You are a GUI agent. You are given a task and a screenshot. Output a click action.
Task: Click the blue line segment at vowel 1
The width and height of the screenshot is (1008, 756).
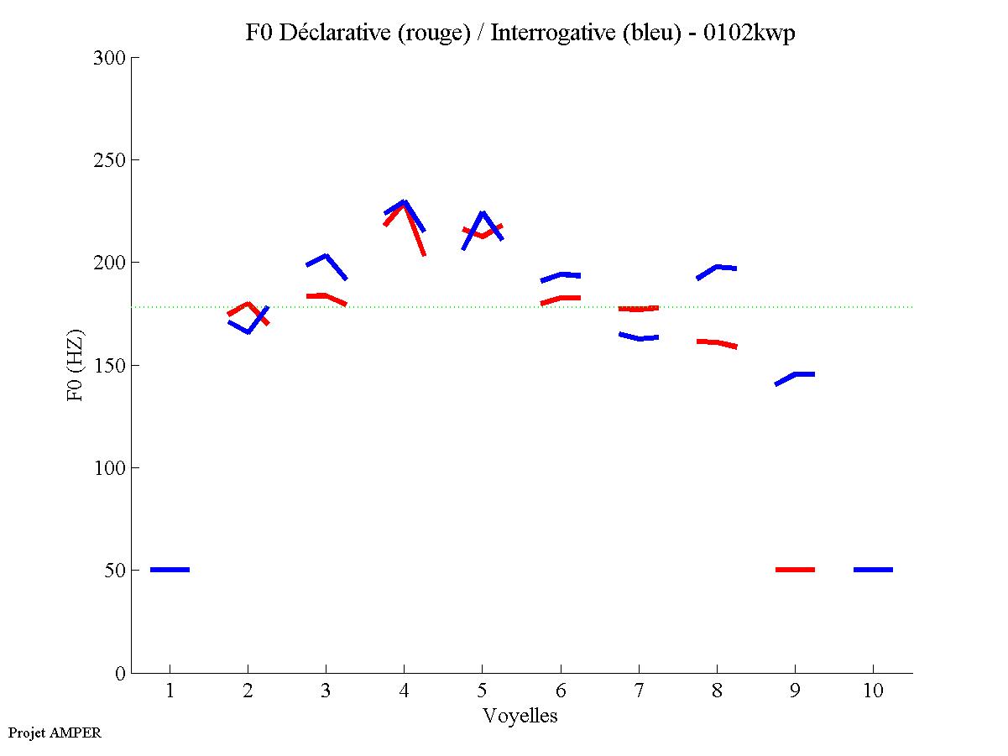click(x=170, y=570)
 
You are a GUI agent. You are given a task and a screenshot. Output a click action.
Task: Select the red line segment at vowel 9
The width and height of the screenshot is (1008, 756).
click(x=795, y=570)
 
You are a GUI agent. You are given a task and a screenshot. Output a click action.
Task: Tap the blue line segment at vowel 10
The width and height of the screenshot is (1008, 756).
click(x=873, y=570)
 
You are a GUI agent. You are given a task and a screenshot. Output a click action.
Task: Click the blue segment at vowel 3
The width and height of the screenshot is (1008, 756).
click(x=326, y=257)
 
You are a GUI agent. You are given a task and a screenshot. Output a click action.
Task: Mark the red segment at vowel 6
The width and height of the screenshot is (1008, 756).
click(x=561, y=298)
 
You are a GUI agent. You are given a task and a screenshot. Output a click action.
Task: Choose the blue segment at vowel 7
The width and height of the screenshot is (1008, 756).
click(x=639, y=337)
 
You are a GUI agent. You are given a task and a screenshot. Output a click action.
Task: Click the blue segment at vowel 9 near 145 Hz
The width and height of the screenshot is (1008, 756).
click(x=796, y=374)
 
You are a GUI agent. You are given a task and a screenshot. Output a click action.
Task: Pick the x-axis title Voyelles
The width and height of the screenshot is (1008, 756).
click(x=520, y=717)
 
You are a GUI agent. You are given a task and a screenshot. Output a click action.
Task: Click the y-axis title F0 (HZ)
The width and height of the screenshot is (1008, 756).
click(x=76, y=364)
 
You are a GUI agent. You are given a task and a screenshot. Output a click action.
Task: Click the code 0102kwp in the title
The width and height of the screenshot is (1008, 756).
click(x=750, y=33)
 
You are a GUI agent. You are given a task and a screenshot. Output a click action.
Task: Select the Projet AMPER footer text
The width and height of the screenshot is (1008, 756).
click(x=55, y=733)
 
